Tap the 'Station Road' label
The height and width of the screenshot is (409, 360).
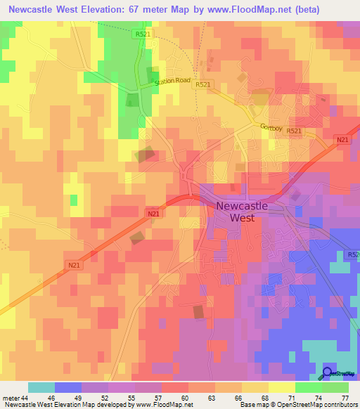click(173, 82)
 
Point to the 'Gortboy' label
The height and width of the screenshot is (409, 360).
click(271, 127)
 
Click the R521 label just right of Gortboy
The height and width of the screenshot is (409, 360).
click(294, 131)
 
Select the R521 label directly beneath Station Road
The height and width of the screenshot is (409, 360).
click(203, 85)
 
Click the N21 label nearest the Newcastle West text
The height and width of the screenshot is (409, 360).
click(153, 213)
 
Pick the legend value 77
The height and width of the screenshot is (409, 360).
click(344, 398)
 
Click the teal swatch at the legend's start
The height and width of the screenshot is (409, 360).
click(41, 387)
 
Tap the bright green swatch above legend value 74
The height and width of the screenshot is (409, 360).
click(308, 387)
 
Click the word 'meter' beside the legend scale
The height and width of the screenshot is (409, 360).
click(11, 398)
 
